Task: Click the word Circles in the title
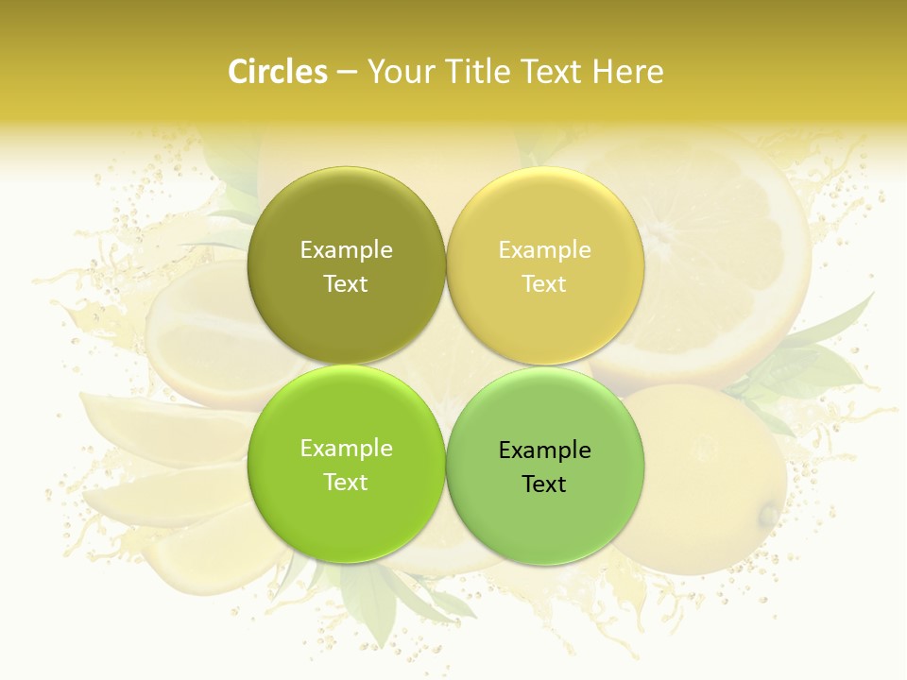(x=277, y=72)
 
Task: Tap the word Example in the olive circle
(x=346, y=249)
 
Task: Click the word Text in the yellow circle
(x=544, y=283)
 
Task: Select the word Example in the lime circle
(x=346, y=448)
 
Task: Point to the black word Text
(x=544, y=484)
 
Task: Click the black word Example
(x=545, y=450)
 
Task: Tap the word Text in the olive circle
(x=346, y=283)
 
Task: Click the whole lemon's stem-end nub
(x=770, y=515)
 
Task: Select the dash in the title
(x=347, y=73)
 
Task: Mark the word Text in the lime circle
(x=346, y=482)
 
